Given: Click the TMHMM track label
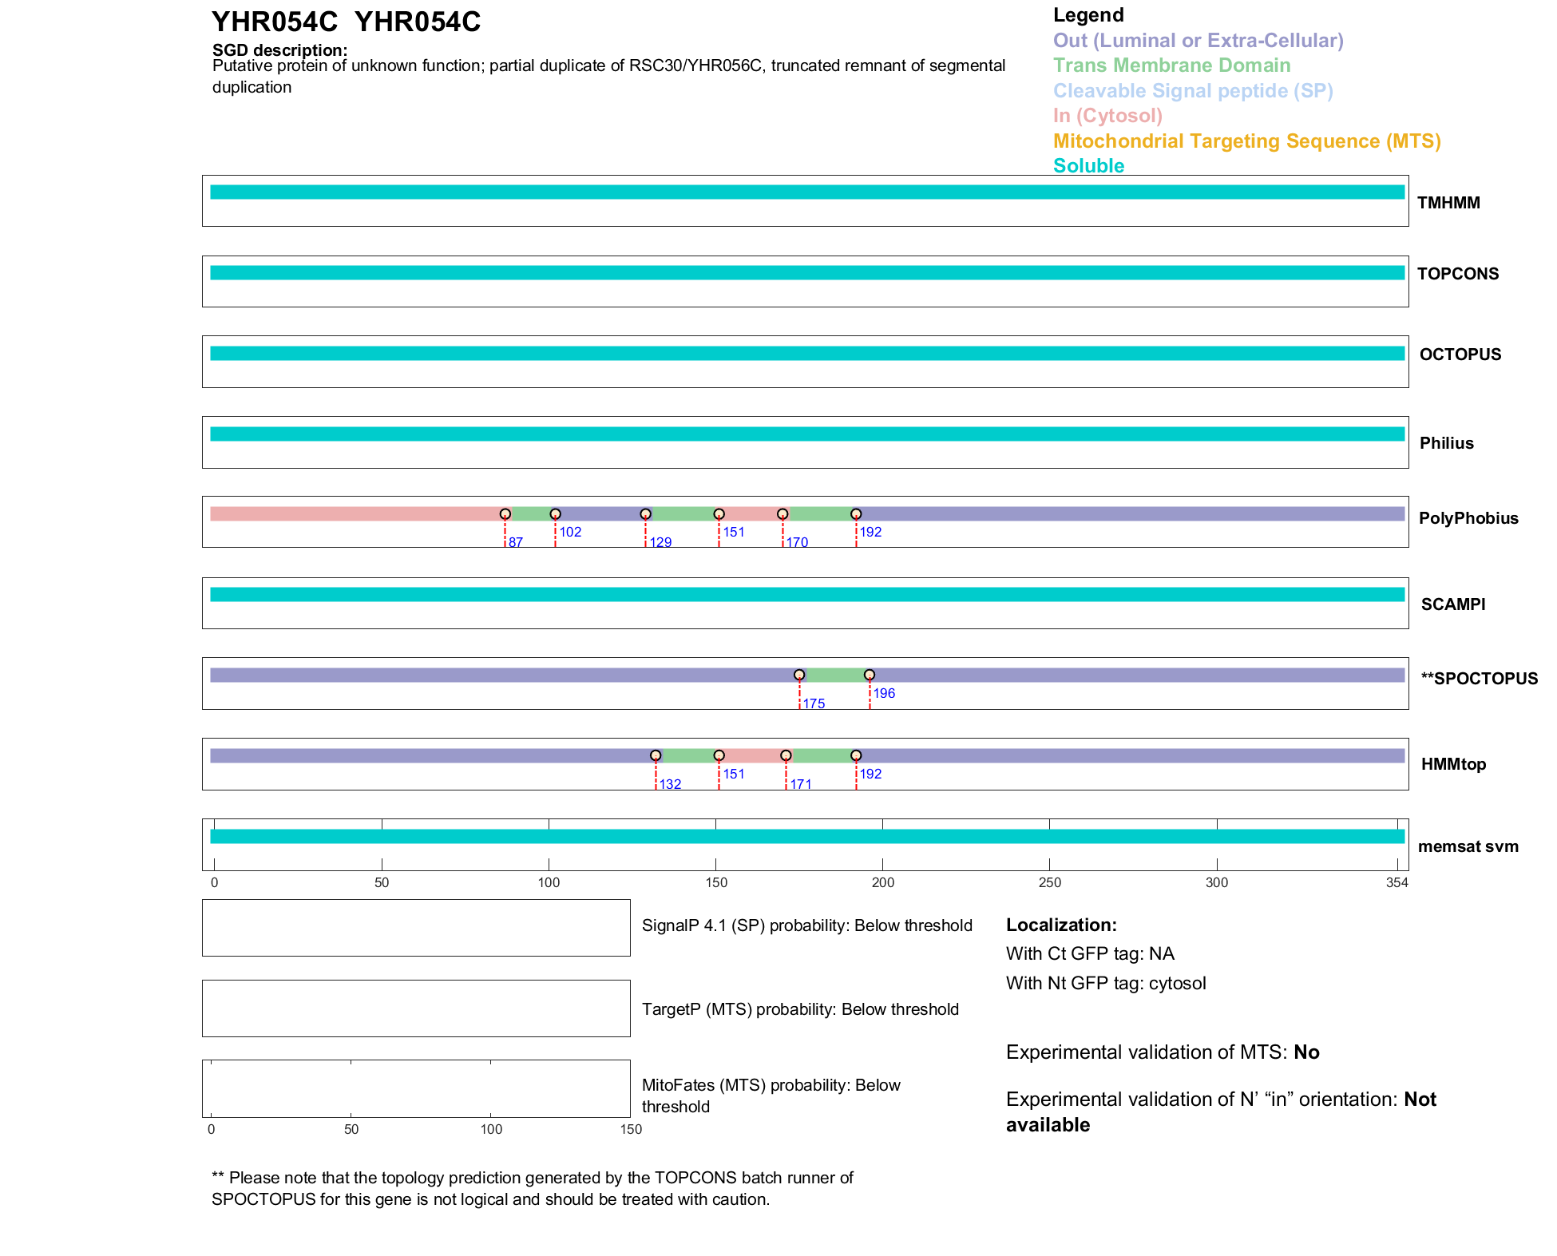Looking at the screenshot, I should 1448,203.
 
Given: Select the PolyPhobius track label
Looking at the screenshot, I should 1468,518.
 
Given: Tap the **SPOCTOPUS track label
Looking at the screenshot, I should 1479,679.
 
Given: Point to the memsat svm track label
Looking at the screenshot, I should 1468,846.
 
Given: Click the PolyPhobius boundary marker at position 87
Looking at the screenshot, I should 505,514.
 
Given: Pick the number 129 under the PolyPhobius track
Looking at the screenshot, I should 660,543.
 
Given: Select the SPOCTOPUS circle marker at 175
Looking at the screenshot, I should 799,675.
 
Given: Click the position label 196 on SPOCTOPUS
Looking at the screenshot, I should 884,693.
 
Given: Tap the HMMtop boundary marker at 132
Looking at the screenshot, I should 656,755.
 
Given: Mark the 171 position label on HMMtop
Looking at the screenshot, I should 801,784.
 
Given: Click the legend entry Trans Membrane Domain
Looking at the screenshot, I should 1171,65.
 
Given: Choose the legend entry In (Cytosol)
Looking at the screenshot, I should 1107,116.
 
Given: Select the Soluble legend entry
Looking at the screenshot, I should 1088,166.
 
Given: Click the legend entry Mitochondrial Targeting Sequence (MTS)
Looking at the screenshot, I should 1246,141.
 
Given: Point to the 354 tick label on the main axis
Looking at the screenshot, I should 1397,882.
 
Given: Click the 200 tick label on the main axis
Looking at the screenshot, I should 883,882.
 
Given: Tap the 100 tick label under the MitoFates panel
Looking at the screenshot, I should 491,1129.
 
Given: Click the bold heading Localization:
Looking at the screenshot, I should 1061,925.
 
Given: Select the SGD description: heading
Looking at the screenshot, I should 279,50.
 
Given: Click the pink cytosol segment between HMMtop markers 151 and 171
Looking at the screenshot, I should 752,755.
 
